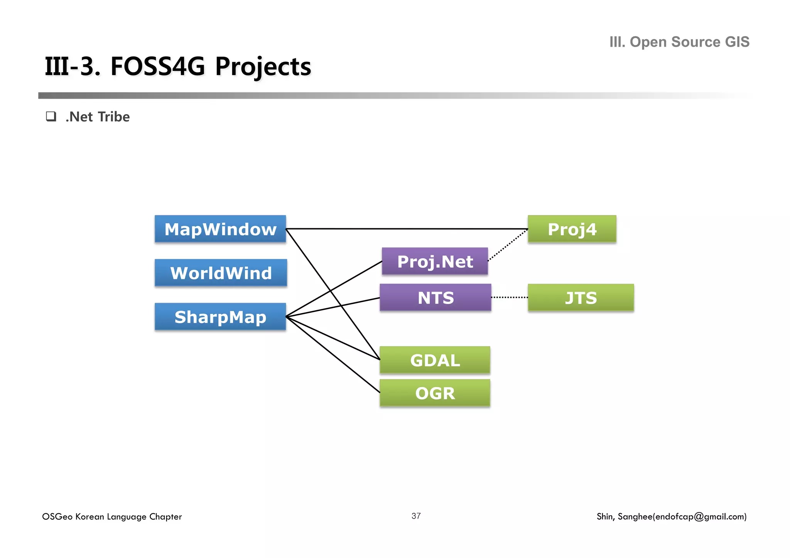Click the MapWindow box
220,229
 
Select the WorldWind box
221,273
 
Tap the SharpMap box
220,317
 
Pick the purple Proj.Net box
435,261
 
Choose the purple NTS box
436,298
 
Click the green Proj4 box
572,229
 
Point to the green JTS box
581,298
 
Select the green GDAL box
435,360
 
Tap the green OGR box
435,393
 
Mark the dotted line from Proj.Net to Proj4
508,245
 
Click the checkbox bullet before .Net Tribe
51,116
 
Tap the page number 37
416,516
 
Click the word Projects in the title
263,67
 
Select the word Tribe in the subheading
114,117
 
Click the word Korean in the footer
89,517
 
